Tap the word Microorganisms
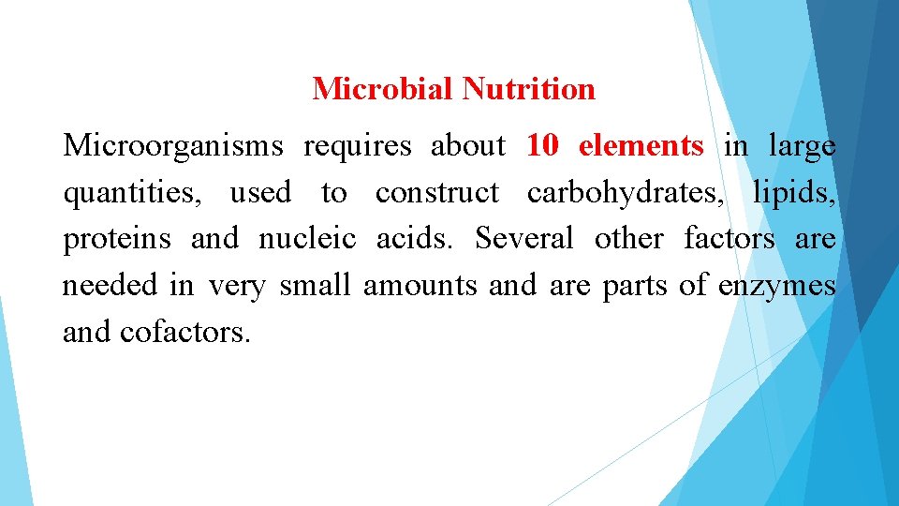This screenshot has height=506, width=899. click(172, 146)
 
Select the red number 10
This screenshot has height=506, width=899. click(542, 146)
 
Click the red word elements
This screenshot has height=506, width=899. click(641, 146)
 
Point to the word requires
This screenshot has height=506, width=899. click(357, 147)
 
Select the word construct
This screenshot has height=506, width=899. click(436, 193)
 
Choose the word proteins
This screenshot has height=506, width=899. click(117, 240)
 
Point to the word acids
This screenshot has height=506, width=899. click(414, 239)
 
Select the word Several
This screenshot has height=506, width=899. click(523, 239)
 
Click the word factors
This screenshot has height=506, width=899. click(729, 239)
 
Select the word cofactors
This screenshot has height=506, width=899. click(184, 332)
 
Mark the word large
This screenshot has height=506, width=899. click(802, 147)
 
